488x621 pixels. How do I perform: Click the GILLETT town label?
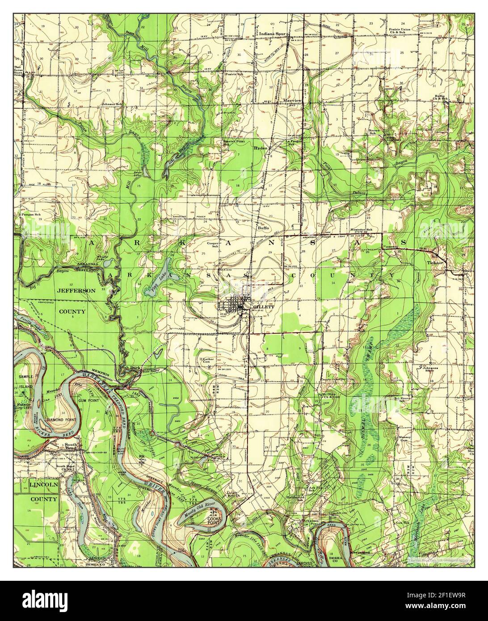(x=261, y=307)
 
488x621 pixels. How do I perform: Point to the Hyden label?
(x=260, y=147)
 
